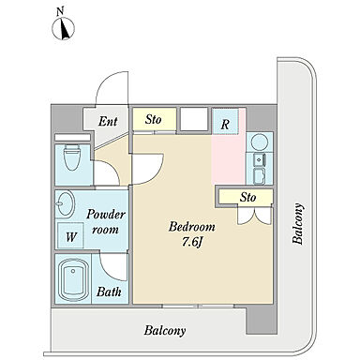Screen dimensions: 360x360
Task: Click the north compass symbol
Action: tap(63, 29)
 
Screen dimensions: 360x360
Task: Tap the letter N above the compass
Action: tap(60, 12)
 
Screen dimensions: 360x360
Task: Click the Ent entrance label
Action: tap(108, 121)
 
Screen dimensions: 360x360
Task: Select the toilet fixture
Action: tap(72, 157)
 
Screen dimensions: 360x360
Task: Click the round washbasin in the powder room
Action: tap(66, 203)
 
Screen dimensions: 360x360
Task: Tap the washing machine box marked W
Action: tap(70, 236)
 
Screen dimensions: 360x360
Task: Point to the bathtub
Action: tap(73, 278)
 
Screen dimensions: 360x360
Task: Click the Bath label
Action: tap(109, 292)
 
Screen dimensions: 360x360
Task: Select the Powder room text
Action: tap(106, 221)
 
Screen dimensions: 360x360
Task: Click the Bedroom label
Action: tap(192, 227)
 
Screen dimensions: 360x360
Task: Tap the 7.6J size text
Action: tap(191, 242)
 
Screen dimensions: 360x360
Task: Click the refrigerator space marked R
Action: tap(225, 122)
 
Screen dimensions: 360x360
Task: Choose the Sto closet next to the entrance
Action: tap(155, 119)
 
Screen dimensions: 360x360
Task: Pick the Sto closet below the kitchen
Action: tap(246, 197)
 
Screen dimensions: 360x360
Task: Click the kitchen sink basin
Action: tap(260, 160)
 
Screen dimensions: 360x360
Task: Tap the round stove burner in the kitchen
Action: tap(260, 142)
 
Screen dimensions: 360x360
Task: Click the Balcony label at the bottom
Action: tap(165, 331)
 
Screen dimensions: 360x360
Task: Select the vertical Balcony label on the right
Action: tap(297, 224)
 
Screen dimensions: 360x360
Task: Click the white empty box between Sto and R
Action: tap(194, 119)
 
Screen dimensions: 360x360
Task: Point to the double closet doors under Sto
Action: tap(253, 216)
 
